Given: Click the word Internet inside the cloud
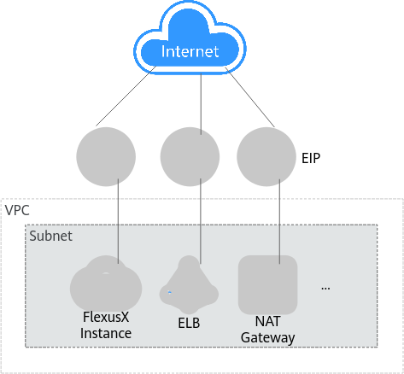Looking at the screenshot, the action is click(190, 51).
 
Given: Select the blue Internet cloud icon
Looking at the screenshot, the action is click(190, 38).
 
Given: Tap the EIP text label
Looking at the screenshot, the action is click(311, 158).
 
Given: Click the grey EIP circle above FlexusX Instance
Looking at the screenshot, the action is click(106, 156).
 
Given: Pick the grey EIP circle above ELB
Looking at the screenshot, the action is click(190, 156).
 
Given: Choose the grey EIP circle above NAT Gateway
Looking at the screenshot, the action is click(266, 156).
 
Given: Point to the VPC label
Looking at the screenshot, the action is click(17, 211).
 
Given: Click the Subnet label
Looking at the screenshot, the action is click(51, 236).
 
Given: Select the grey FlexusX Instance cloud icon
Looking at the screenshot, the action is click(106, 284).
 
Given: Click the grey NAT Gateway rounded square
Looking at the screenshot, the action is click(267, 284).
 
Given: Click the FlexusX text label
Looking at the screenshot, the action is click(106, 317).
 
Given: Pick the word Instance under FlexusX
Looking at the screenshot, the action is click(106, 333).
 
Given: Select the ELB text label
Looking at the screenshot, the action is click(189, 323).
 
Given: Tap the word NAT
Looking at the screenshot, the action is click(267, 321).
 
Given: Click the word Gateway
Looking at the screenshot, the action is click(267, 338).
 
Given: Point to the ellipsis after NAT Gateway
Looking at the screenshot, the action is click(325, 289).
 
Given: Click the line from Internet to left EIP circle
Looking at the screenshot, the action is click(126, 96).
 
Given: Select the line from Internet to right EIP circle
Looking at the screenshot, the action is click(250, 97).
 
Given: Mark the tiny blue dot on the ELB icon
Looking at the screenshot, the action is click(170, 292).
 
